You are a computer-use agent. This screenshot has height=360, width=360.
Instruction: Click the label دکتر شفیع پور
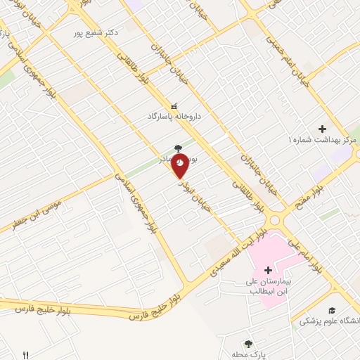click(97, 32)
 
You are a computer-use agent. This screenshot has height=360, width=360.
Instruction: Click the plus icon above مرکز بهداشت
click(322, 129)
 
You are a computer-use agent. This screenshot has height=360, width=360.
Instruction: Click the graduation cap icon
click(331, 310)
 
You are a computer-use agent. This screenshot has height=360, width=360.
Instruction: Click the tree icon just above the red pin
click(178, 148)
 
